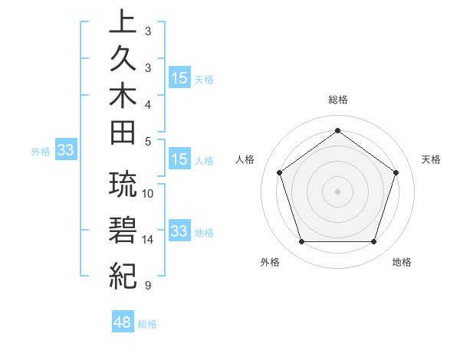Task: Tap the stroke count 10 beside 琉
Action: point(148,193)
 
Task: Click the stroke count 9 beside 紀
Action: point(147,286)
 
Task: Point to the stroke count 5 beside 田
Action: point(147,140)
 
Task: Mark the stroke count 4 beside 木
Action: point(147,103)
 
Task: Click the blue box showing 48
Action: point(122,322)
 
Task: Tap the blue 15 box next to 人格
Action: point(179,159)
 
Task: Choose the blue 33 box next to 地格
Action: point(179,231)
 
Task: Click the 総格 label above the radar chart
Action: point(338,100)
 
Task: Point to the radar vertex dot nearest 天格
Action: point(396,172)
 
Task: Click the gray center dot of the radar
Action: point(337,191)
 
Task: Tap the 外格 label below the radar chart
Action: point(270,263)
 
